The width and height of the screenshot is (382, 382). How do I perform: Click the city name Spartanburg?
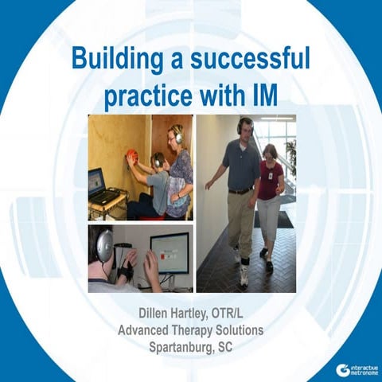176,347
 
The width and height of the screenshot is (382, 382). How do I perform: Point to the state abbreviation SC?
227,347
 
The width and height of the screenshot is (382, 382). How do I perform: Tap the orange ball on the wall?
132,154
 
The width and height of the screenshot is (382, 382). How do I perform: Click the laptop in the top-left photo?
98,185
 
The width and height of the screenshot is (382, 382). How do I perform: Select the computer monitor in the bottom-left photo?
170,253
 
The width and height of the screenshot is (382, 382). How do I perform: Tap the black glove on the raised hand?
128,271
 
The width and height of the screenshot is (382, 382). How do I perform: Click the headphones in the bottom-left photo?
103,246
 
